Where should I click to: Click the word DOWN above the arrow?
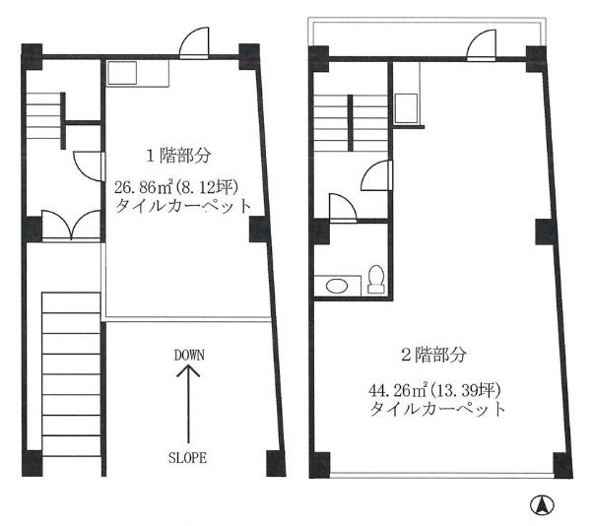coord(188,354)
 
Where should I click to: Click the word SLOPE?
coord(188,458)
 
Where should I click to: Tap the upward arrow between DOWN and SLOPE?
coord(188,404)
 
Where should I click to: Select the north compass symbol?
coord(541,506)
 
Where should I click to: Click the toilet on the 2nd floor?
coord(375,280)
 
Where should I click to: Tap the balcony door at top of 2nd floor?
coord(484,44)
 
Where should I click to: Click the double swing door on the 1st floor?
coord(72,227)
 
